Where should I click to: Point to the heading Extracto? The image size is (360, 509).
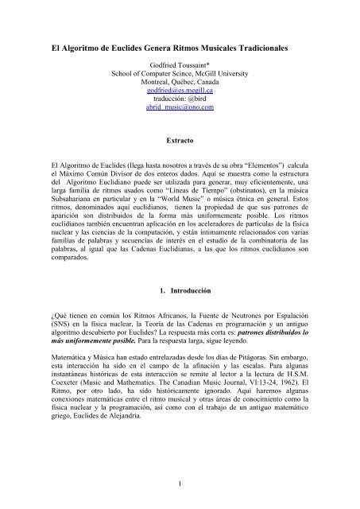179,140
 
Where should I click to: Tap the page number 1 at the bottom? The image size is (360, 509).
180,484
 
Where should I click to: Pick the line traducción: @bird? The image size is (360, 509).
180,101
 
